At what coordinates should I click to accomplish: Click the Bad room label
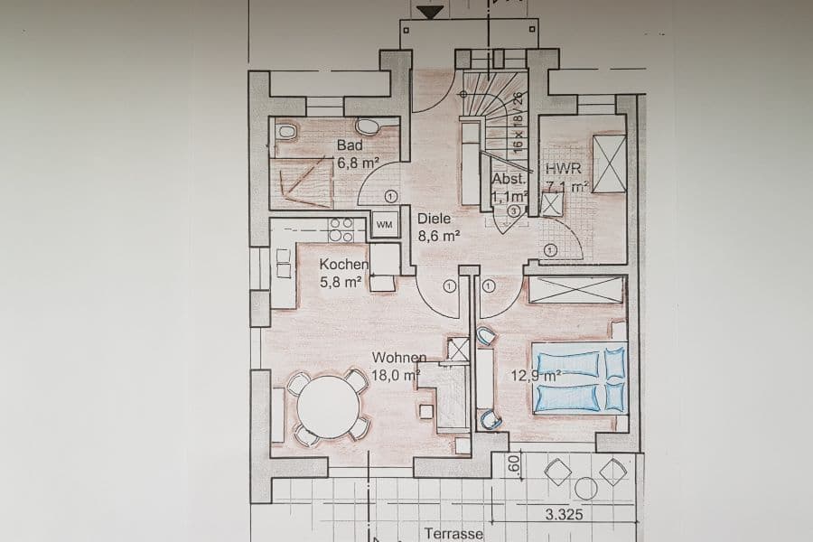point(350,145)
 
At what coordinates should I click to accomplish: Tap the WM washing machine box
point(385,224)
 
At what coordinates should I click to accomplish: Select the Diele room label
point(434,218)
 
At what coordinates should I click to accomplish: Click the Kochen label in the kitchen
point(343,265)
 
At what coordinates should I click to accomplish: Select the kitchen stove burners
point(341,229)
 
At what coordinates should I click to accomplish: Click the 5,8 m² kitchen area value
point(341,282)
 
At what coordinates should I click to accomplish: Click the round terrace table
point(586,489)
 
